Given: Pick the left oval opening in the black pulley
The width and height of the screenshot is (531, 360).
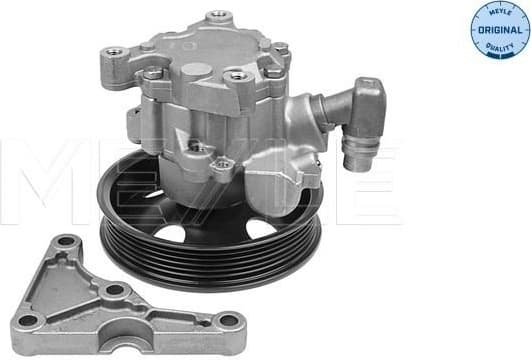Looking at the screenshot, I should (166, 234).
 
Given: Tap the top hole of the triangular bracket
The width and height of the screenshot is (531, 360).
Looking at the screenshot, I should (67, 244).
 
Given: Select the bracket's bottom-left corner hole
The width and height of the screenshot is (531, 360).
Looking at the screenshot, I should (28, 321).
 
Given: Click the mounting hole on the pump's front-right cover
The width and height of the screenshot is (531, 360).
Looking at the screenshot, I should (237, 76).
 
